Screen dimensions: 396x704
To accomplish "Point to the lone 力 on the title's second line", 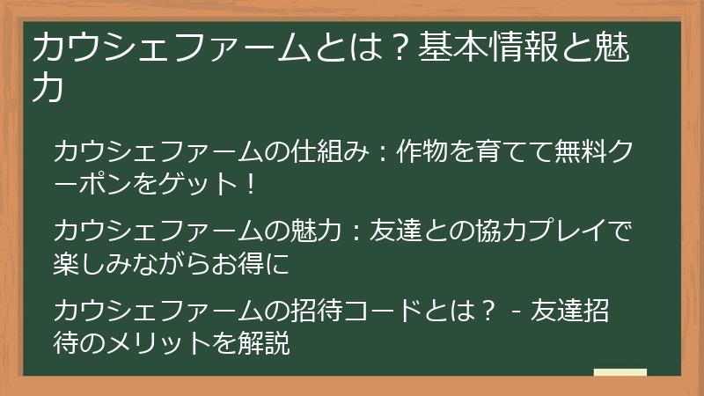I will click(48, 88).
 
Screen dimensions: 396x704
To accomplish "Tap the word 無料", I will click(580, 151).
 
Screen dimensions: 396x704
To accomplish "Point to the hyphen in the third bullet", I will click(515, 312).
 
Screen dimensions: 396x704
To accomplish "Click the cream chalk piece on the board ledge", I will click(620, 372).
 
